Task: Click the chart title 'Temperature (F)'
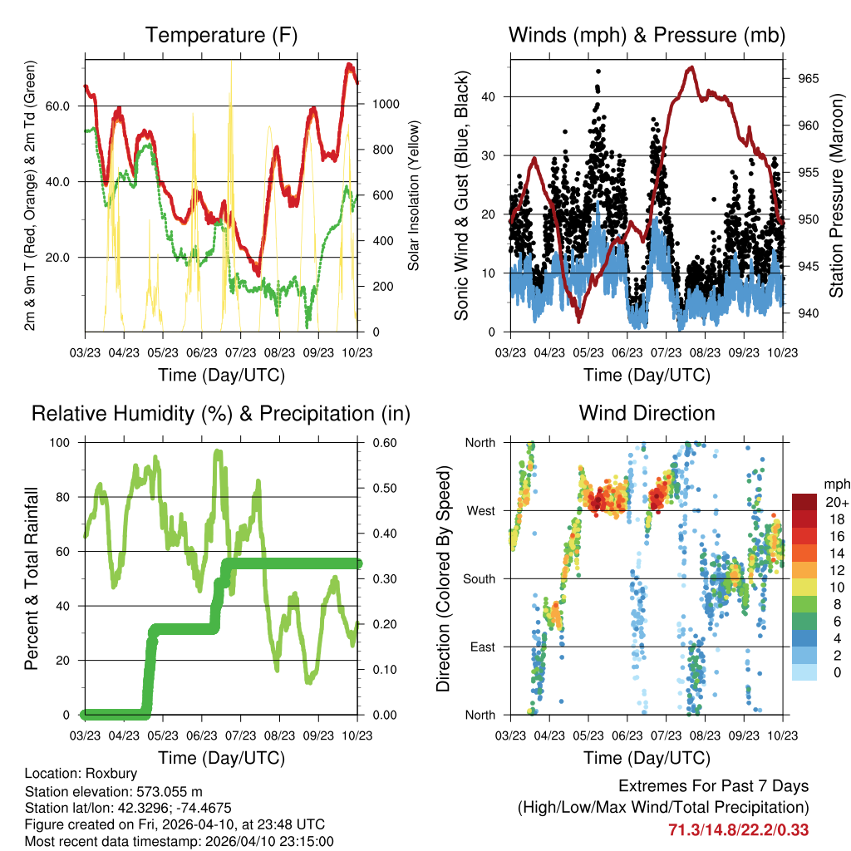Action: coord(221,36)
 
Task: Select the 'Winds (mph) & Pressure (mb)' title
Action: coord(647,36)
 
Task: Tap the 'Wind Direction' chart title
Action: coord(647,413)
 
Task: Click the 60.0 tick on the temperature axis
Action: coord(68,106)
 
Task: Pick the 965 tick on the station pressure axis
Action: coord(809,79)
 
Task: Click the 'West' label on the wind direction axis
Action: coord(481,511)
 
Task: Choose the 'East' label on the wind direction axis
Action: coord(481,647)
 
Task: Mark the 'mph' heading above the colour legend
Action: coord(834,484)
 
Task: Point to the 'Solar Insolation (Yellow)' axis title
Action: coord(413,195)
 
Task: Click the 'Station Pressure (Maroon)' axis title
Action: coord(837,195)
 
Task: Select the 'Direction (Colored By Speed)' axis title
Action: coord(443,579)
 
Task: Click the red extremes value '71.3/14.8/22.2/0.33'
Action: coord(738,829)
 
